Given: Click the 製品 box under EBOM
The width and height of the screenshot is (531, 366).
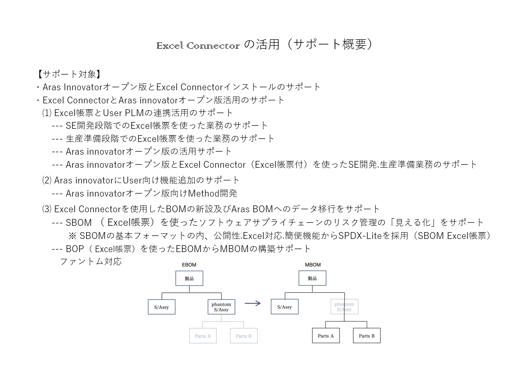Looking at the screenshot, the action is (x=189, y=278).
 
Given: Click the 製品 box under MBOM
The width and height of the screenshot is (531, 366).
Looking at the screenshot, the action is (x=312, y=278).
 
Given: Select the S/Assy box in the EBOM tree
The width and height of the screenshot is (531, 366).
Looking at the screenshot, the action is (x=162, y=307).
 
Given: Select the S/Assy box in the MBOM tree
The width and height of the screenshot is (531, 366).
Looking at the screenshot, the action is (x=285, y=307).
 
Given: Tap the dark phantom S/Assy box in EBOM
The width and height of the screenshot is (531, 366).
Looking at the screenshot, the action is (x=221, y=307).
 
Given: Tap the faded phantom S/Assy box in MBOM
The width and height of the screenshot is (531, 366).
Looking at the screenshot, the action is (x=344, y=307).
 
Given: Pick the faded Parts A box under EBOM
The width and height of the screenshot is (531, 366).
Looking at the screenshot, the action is (x=203, y=335).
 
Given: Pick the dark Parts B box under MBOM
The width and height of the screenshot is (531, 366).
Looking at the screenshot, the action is (x=367, y=335).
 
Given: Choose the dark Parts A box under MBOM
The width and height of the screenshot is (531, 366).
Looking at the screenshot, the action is (x=326, y=335).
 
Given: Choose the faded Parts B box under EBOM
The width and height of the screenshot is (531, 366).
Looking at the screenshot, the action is (x=243, y=335).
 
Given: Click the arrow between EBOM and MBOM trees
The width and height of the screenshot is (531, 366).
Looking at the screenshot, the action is (x=253, y=303).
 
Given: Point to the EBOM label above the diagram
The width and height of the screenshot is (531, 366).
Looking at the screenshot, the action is (x=189, y=265).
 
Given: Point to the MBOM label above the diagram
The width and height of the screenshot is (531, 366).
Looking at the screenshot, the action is (x=313, y=265).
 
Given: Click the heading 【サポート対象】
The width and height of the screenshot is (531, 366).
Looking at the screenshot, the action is (x=69, y=74).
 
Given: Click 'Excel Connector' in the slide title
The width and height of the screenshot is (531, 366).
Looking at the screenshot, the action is (x=198, y=46).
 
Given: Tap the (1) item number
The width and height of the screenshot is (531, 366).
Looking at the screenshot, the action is (x=47, y=113).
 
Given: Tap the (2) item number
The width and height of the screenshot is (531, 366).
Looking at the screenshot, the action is (x=47, y=180).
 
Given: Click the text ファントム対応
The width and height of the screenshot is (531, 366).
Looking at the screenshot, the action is (x=91, y=261).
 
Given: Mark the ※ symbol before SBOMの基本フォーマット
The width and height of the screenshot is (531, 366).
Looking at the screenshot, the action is (x=72, y=236).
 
